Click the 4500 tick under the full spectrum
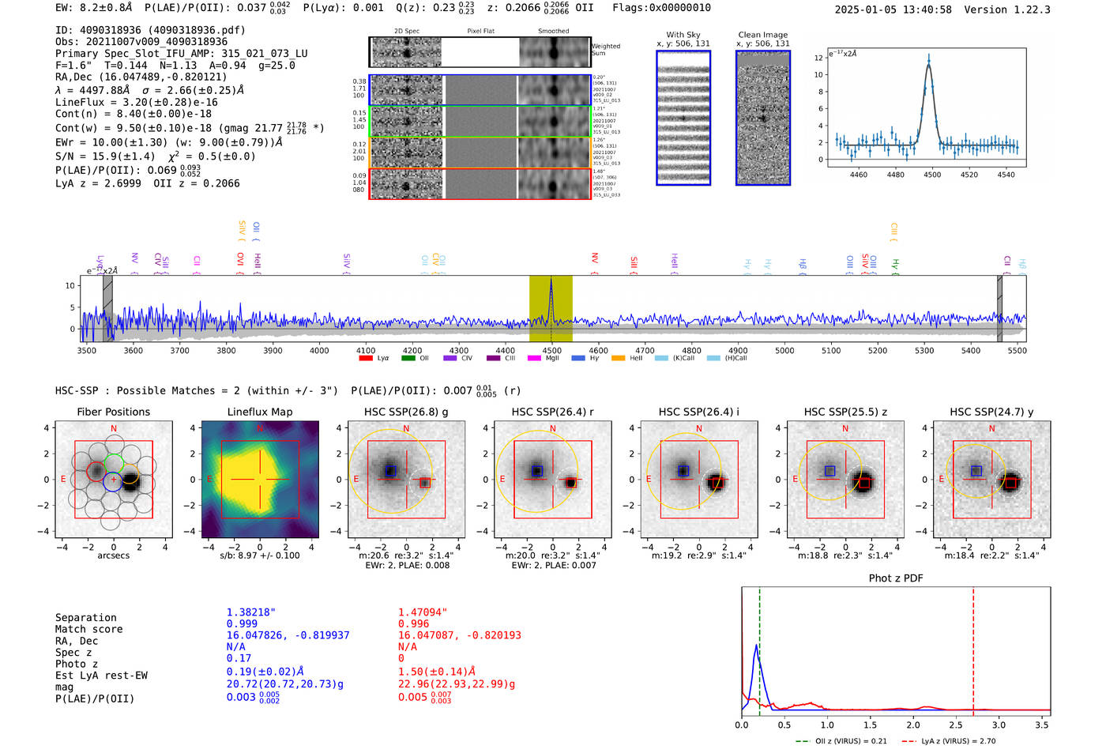551,350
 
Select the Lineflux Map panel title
259,412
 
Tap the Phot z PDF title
895,578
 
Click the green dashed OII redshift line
759,648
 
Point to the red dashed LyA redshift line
973,648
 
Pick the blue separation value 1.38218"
251,612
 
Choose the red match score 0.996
414,623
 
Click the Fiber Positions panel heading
113,412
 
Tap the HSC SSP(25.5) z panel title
845,412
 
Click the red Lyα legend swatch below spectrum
366,359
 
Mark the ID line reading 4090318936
150,30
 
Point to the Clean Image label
762,35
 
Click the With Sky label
683,35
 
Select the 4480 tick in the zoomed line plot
895,175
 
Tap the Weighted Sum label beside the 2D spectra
606,50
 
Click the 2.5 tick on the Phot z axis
956,725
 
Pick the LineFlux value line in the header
136,102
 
